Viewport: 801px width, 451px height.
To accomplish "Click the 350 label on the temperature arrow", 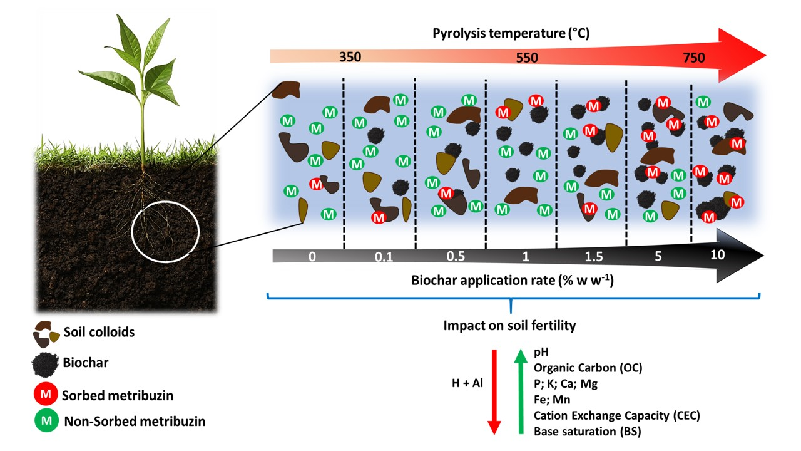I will [350, 57].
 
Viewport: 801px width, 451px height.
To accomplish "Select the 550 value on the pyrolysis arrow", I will [526, 57].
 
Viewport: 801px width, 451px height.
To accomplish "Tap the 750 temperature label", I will [693, 58].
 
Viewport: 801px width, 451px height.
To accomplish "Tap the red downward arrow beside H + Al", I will [494, 391].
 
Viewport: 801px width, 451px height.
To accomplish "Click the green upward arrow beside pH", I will [519, 391].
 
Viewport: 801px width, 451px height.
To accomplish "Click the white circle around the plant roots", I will [165, 231].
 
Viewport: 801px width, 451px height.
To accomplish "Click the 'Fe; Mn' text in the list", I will [552, 399].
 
